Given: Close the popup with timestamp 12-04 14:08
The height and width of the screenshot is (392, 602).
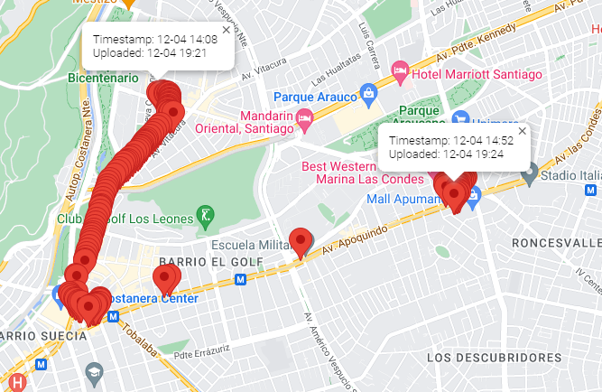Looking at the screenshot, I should pos(226,30).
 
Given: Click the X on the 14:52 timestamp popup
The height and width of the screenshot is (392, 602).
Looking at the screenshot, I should pos(522,131).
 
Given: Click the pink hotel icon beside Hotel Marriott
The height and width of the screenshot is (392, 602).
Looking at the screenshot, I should pos(400,70).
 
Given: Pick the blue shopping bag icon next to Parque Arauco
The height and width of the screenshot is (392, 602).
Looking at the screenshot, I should pos(368,93).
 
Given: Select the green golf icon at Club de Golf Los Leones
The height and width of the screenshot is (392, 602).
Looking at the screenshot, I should pos(208,217).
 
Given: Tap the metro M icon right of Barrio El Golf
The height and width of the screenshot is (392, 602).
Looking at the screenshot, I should pos(240,280).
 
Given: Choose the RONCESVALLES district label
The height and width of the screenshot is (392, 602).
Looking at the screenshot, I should pos(555,244).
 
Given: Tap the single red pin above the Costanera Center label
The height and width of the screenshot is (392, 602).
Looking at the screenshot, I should pos(164,279).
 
